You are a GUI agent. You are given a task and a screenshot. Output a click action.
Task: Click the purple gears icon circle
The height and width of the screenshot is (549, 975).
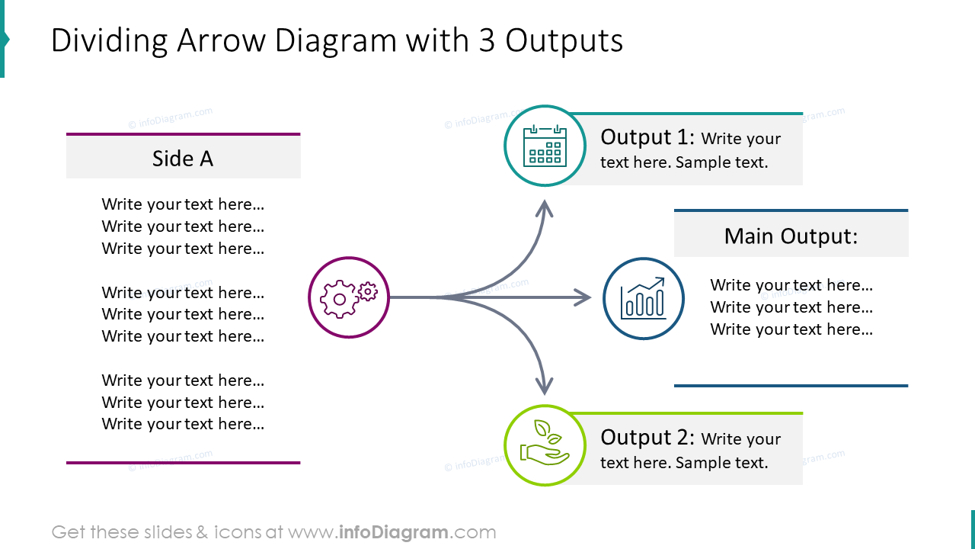(349, 297)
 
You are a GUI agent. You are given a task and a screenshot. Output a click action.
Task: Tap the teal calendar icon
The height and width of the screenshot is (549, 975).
(545, 145)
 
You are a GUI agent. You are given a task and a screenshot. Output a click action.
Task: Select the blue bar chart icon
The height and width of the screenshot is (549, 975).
(644, 299)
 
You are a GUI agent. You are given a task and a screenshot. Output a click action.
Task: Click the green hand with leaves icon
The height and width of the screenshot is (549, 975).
(545, 445)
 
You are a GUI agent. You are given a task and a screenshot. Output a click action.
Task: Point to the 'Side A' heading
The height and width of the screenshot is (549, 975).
(183, 159)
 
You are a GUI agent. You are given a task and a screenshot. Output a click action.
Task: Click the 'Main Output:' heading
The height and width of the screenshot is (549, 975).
(791, 236)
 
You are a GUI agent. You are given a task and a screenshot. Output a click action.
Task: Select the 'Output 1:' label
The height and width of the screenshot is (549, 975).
(647, 137)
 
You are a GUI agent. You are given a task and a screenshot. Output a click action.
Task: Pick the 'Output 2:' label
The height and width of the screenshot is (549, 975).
(647, 438)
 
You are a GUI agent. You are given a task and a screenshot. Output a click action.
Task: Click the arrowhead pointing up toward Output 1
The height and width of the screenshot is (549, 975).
(544, 208)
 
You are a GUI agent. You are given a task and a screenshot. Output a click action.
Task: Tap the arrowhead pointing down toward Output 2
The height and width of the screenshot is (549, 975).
(544, 386)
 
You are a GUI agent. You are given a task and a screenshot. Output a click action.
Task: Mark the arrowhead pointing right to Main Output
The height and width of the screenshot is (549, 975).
(583, 297)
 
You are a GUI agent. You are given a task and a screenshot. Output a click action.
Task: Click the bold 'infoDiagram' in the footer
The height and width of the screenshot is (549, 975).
(392, 532)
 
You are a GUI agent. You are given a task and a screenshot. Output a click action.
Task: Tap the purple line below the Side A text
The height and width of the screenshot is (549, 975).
(183, 462)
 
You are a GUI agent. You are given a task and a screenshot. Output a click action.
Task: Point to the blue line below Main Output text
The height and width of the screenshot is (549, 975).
(791, 386)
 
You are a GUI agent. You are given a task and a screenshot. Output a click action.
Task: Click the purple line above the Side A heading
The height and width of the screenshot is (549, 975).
(183, 134)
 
